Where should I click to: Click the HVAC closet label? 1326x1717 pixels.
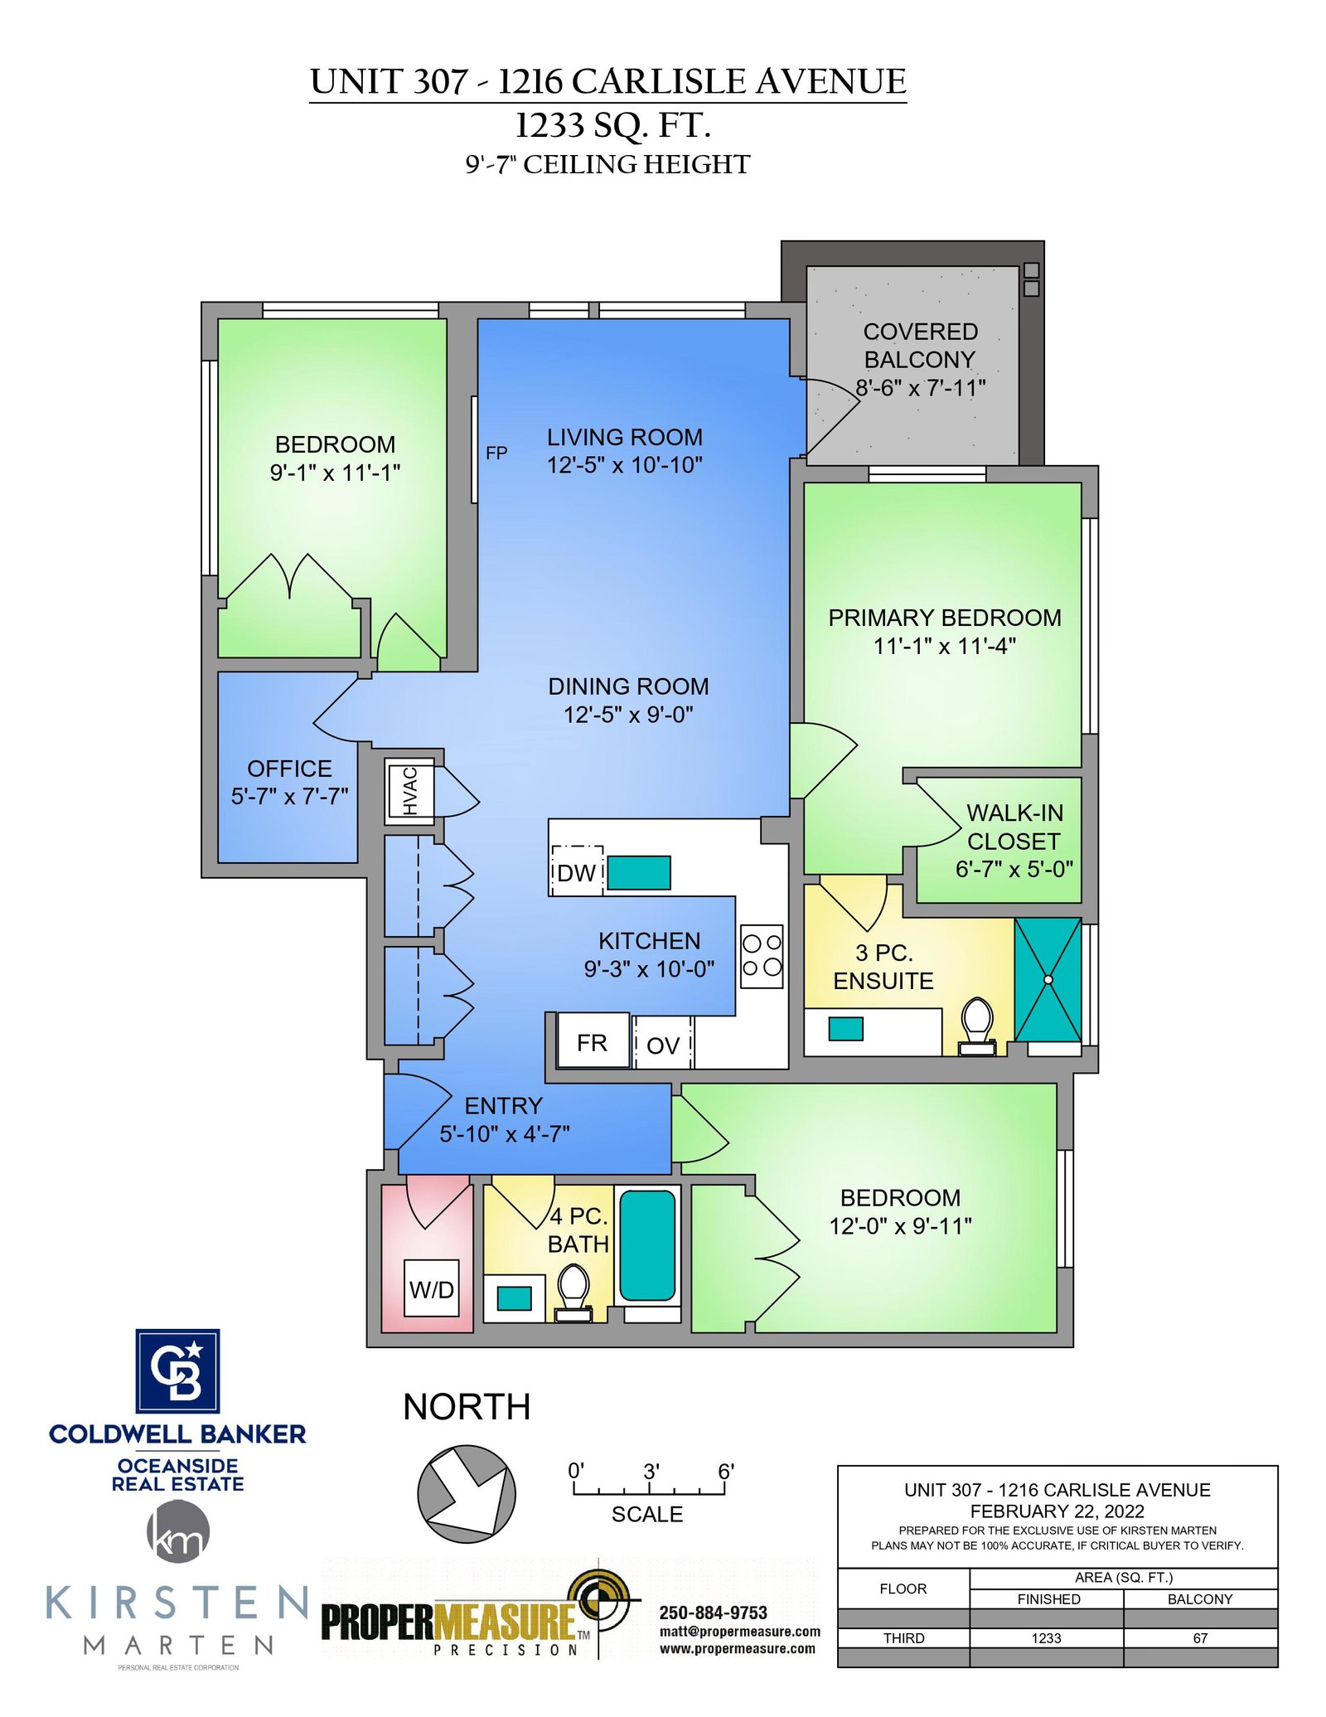click(410, 790)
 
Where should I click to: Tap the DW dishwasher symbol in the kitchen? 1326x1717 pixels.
click(577, 871)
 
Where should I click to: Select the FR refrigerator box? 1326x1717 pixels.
click(593, 1042)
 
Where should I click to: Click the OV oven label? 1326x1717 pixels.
click(663, 1045)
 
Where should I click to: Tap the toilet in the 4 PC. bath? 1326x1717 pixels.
click(573, 1293)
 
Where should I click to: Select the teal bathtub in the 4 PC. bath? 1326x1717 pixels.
click(647, 1245)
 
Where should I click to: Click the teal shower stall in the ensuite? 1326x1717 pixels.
click(1048, 979)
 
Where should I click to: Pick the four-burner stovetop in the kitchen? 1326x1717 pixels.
click(762, 956)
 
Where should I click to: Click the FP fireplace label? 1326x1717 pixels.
click(496, 453)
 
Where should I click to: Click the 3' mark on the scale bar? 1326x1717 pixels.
click(651, 1472)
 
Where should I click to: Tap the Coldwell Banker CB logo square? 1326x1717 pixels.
click(177, 1370)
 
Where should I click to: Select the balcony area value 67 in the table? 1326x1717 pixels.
click(1200, 1638)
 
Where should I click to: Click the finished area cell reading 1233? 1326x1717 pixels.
click(1047, 1638)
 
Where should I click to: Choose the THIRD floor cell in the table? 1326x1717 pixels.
click(903, 1638)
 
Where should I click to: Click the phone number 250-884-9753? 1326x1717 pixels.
click(714, 1613)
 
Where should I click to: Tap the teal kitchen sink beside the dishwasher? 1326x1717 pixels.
click(639, 872)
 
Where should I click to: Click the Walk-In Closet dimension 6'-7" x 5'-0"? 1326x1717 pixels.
click(1014, 869)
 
